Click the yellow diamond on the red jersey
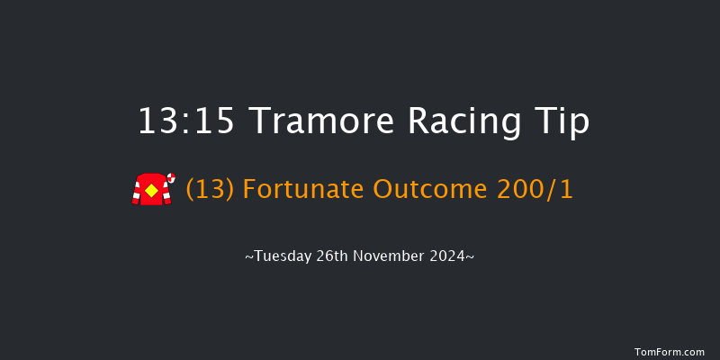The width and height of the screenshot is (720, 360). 151,191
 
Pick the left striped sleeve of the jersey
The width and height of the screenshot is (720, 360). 138,192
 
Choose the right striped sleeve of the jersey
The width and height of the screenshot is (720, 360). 165,192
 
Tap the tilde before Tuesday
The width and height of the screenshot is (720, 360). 249,257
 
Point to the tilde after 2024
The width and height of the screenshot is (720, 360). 470,257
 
